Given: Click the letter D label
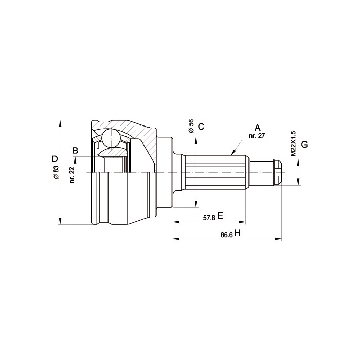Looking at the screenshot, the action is point(55,158).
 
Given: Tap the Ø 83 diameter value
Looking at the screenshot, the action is point(57,172).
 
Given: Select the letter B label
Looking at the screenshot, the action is point(75,151).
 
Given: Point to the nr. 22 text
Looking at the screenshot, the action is point(73,175).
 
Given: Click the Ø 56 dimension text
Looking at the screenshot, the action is point(191,126).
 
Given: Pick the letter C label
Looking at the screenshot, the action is point(201,127).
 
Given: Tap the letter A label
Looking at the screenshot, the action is point(257,128).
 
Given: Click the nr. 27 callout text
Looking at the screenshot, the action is point(257,135).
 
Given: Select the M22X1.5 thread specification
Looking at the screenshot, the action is point(294,144).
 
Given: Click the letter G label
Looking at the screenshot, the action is point(304,145).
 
